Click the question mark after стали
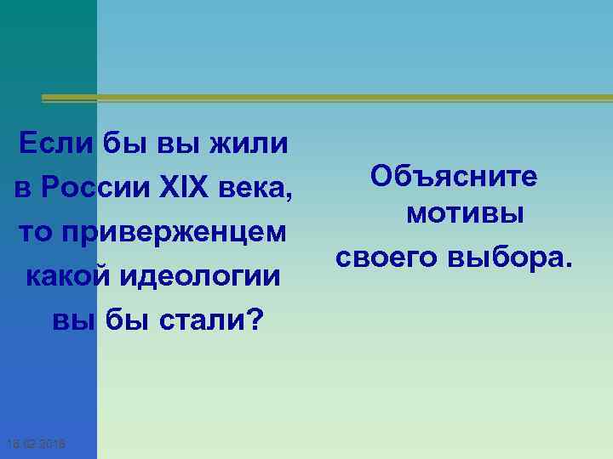click(x=255, y=320)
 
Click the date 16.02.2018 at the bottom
click(x=40, y=445)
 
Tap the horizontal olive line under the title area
click(x=324, y=99)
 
